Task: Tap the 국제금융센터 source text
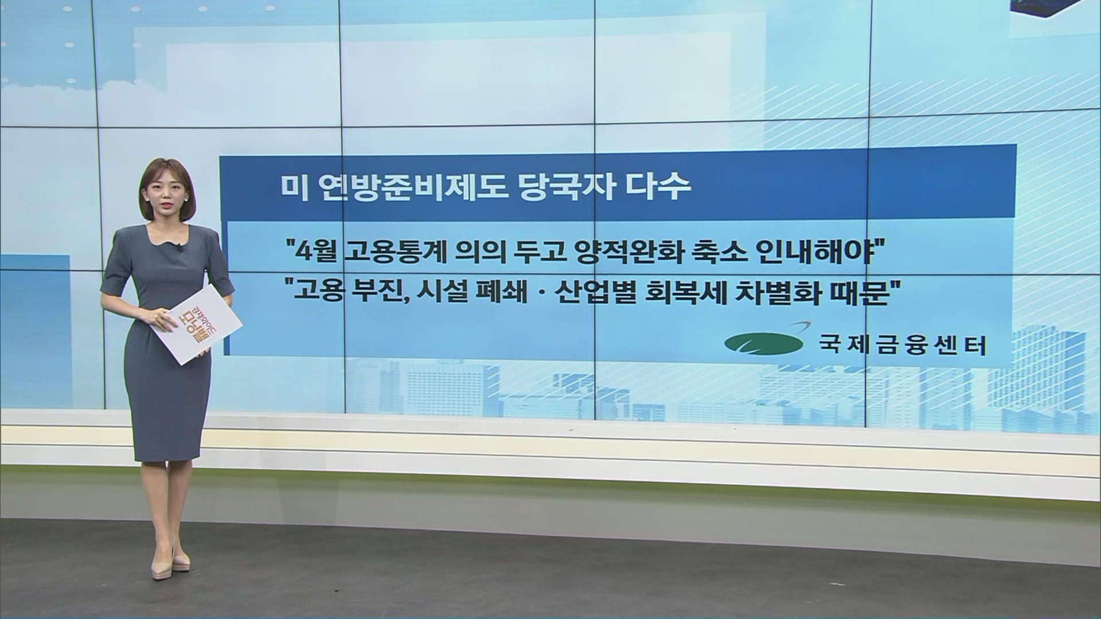(903, 345)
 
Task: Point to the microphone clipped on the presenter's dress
(179, 248)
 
